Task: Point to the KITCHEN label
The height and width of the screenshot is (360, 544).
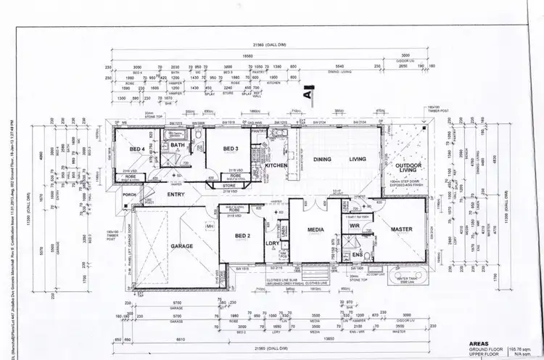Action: (276, 166)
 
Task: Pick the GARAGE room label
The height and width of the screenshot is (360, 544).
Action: (182, 247)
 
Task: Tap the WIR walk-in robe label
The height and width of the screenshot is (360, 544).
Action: (355, 226)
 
